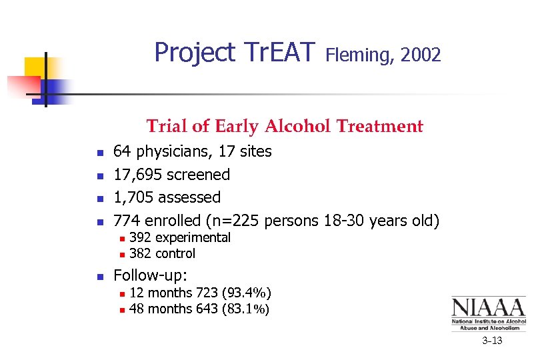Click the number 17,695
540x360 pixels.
coord(138,175)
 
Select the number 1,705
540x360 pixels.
coord(134,197)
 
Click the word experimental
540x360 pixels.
coord(193,237)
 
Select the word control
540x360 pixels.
coord(175,253)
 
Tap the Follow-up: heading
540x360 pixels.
coord(151,275)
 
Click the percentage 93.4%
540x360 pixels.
coord(247,292)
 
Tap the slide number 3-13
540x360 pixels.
coord(493,341)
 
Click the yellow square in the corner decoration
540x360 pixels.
coord(37,68)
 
